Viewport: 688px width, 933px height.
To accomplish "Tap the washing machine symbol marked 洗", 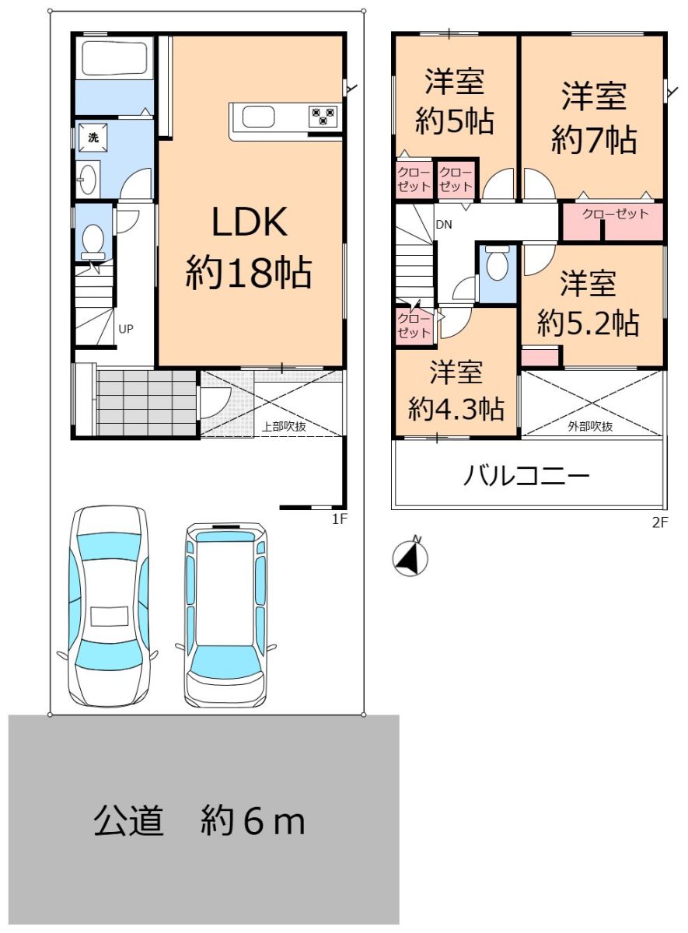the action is click(x=93, y=137).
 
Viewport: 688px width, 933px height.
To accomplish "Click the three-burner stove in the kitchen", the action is click(x=323, y=116).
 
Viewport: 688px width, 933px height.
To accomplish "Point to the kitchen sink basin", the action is click(x=259, y=117).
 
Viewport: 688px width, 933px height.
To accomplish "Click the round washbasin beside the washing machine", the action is click(x=88, y=179).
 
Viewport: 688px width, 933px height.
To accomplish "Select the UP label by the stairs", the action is click(x=125, y=329).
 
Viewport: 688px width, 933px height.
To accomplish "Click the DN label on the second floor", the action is click(x=444, y=225).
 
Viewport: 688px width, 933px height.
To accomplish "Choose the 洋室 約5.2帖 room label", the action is click(x=588, y=302).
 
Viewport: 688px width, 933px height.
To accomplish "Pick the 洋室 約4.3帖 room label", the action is click(x=456, y=390).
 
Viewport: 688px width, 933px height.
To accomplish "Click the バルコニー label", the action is click(x=526, y=476).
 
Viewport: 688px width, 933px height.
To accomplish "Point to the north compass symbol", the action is click(x=410, y=557).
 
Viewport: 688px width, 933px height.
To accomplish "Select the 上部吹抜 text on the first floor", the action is click(x=284, y=426).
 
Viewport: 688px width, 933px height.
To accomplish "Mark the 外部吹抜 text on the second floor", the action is click(x=591, y=426).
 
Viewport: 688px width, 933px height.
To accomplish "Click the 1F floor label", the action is click(x=340, y=519).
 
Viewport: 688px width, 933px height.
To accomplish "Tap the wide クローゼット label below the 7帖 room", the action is click(x=615, y=214).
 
